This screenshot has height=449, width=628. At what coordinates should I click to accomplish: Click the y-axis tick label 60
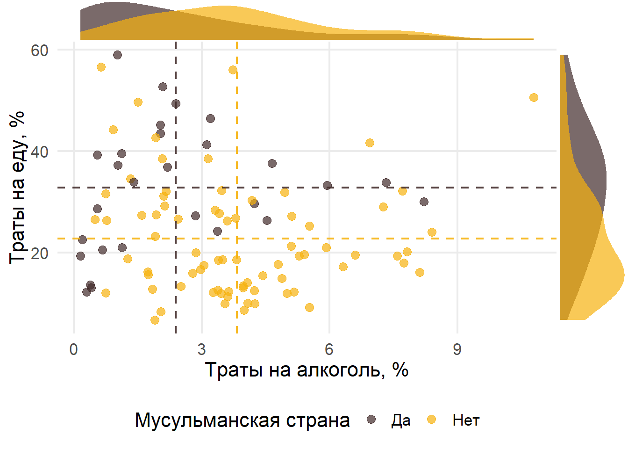click(x=40, y=51)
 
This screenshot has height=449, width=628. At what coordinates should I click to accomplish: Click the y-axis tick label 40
click(x=40, y=152)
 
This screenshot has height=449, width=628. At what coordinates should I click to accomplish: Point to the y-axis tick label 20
click(x=40, y=253)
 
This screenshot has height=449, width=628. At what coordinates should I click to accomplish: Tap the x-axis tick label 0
click(x=73, y=349)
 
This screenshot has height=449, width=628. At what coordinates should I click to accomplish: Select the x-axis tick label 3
click(x=201, y=349)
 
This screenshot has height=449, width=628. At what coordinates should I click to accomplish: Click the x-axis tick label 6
click(x=329, y=349)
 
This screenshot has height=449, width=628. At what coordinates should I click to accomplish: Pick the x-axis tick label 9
click(x=457, y=349)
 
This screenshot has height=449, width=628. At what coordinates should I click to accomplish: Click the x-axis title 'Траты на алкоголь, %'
click(x=307, y=370)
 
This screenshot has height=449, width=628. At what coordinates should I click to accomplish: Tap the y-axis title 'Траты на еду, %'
click(x=17, y=187)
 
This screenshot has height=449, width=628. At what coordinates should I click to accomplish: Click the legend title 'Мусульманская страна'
click(x=242, y=420)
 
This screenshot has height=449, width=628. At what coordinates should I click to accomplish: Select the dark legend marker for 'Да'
click(x=371, y=420)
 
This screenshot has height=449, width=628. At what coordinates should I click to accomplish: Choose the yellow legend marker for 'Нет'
click(x=432, y=420)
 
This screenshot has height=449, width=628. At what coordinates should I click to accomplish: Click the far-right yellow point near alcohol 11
click(x=534, y=97)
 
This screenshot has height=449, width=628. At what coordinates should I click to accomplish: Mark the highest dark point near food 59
click(x=117, y=55)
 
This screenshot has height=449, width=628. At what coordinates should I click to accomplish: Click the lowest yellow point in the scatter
click(x=155, y=320)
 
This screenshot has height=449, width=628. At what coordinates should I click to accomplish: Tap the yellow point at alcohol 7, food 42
click(x=370, y=143)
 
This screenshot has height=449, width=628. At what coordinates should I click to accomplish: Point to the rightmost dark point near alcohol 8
click(x=424, y=202)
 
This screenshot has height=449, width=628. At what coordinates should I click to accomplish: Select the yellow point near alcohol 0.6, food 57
click(x=101, y=67)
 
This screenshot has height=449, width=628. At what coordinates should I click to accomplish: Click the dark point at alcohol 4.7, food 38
click(x=272, y=163)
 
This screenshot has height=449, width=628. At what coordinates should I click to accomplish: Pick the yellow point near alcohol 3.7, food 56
click(x=233, y=70)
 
